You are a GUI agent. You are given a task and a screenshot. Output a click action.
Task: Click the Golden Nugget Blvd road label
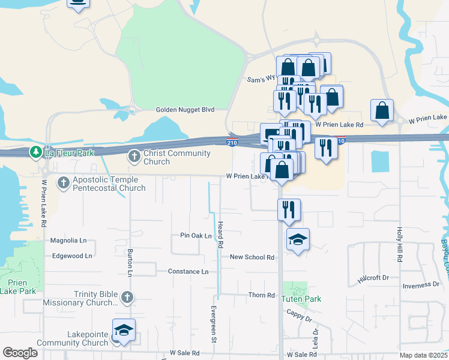[185, 110]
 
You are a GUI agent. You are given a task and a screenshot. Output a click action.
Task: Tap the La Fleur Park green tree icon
[37, 152]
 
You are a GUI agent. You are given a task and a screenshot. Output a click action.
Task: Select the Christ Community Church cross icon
[134, 157]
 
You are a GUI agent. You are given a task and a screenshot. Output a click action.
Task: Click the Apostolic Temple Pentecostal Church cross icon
[64, 182]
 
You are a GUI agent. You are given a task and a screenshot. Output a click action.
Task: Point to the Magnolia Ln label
[68, 241]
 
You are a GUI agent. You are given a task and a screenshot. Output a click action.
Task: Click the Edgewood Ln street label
[72, 256]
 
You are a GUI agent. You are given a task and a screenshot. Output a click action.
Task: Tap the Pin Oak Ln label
[196, 236]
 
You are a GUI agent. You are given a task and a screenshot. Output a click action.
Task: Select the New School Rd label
[252, 257]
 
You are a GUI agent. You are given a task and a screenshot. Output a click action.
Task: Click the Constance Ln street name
[188, 272]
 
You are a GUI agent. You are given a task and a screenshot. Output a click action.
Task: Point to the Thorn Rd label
[262, 295]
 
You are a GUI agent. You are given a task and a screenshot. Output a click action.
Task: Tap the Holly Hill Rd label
[399, 244]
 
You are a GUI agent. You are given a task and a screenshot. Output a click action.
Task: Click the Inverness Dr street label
[421, 285]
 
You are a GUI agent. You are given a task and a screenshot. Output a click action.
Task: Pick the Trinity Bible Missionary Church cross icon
[127, 297]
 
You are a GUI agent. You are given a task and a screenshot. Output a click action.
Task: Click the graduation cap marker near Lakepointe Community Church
[124, 331]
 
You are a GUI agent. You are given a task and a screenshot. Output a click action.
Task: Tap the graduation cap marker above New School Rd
[298, 241]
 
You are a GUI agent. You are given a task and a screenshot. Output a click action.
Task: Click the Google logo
[20, 353]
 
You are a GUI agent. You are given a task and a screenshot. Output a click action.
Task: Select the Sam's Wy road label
[261, 79]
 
